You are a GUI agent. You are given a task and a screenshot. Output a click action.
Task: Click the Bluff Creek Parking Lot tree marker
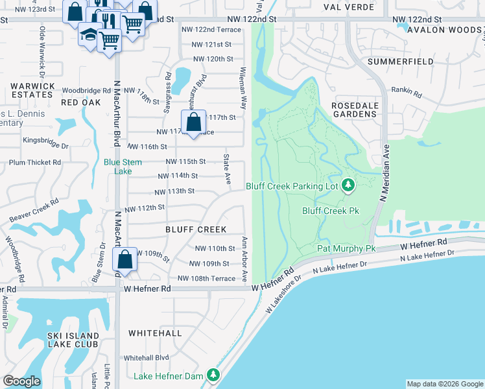(348, 186)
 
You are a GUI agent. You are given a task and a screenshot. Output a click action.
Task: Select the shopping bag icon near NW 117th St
(193, 121)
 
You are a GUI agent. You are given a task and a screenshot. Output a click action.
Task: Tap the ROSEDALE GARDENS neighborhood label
(354, 110)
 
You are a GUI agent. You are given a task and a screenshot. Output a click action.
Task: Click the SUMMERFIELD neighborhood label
(399, 61)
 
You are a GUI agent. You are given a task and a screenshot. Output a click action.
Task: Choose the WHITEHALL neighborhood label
(155, 333)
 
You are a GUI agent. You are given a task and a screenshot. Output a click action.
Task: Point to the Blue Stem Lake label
(119, 167)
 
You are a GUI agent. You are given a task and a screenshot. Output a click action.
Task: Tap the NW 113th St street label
(174, 191)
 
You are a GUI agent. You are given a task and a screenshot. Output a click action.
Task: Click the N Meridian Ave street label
(384, 182)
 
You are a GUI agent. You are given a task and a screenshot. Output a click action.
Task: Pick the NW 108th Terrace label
(207, 278)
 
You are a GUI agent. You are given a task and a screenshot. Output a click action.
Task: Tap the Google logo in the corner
(22, 381)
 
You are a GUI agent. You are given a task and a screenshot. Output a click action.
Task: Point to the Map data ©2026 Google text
(445, 384)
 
